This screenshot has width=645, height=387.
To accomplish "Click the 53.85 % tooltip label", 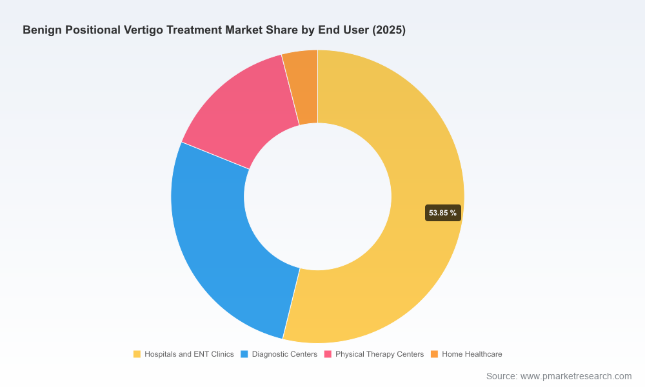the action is point(442,213).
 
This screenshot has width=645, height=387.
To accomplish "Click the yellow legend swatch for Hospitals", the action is point(137,354).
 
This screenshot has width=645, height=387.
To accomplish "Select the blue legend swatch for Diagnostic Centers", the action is point(244,354).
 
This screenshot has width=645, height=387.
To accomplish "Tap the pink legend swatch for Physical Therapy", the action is point(328,354).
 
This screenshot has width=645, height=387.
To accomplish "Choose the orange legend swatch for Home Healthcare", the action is point(434,354).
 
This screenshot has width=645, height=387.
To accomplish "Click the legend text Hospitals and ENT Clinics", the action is point(189,354).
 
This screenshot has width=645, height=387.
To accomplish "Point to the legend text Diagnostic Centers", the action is point(284,354).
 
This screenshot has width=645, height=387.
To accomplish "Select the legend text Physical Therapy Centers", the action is point(379,354).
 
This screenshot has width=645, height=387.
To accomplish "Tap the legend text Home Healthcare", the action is point(472,354).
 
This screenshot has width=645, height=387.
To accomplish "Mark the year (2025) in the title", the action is point(389,30).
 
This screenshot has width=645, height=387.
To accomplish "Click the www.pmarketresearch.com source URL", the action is point(576,376).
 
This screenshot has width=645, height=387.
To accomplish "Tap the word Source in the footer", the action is point(502,376).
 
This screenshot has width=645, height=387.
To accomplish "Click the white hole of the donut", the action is point(317,197).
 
